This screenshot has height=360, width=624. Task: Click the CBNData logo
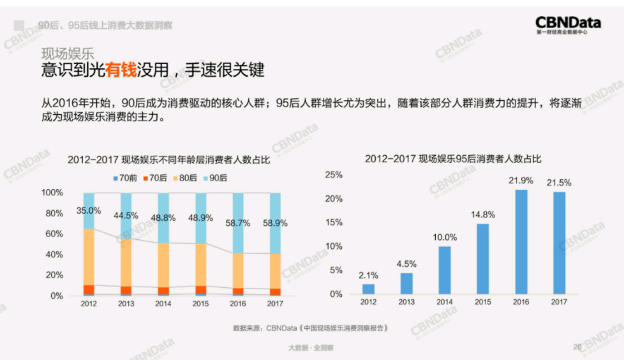tap(567, 25)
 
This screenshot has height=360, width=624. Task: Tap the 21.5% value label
tap(559, 183)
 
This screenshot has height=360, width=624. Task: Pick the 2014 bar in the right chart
tap(445, 269)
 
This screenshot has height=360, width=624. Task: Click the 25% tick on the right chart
tap(334, 174)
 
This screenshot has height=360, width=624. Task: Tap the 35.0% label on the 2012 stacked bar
tap(89, 210)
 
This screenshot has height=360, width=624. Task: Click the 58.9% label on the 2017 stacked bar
tap(275, 223)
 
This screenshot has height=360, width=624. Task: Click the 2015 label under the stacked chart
tap(200, 304)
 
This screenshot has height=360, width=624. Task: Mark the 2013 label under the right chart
tap(407, 302)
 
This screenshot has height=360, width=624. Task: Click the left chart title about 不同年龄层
tap(168, 160)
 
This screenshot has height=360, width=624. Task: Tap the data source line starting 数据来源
tap(311, 328)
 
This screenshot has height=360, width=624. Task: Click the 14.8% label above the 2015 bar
tap(482, 214)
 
